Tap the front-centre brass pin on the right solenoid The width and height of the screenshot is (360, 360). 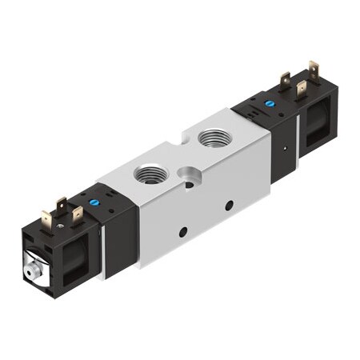302,89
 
